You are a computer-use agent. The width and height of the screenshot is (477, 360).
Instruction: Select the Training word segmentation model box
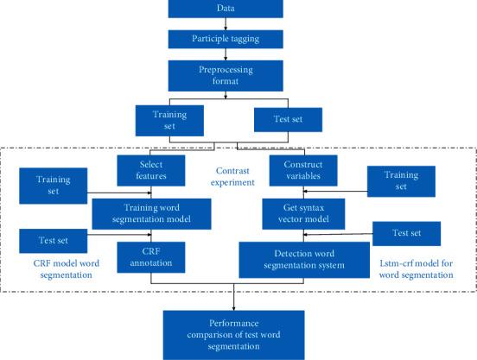click(x=153, y=211)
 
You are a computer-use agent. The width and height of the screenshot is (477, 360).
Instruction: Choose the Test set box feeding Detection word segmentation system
click(x=406, y=232)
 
